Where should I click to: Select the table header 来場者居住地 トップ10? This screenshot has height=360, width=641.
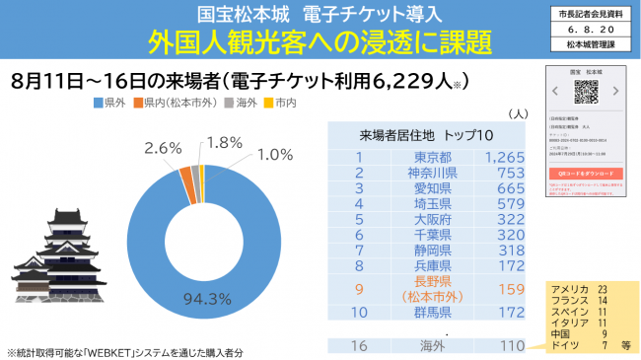(x=428, y=135)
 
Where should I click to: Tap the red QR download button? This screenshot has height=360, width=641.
(x=584, y=171)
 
